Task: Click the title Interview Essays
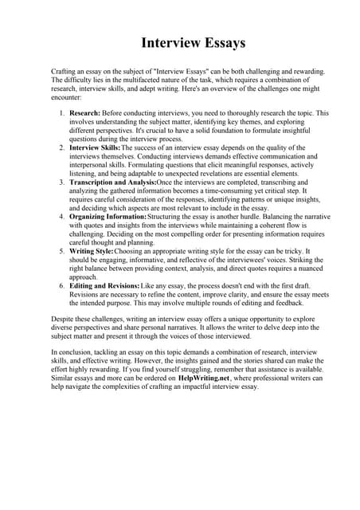(193, 42)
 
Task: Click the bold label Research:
(84, 113)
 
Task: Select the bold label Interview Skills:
(95, 148)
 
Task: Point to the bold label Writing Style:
(92, 251)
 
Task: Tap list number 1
(62, 113)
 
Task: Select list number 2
(62, 148)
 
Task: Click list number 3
(62, 182)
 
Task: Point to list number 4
(62, 217)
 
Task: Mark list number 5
(62, 251)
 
